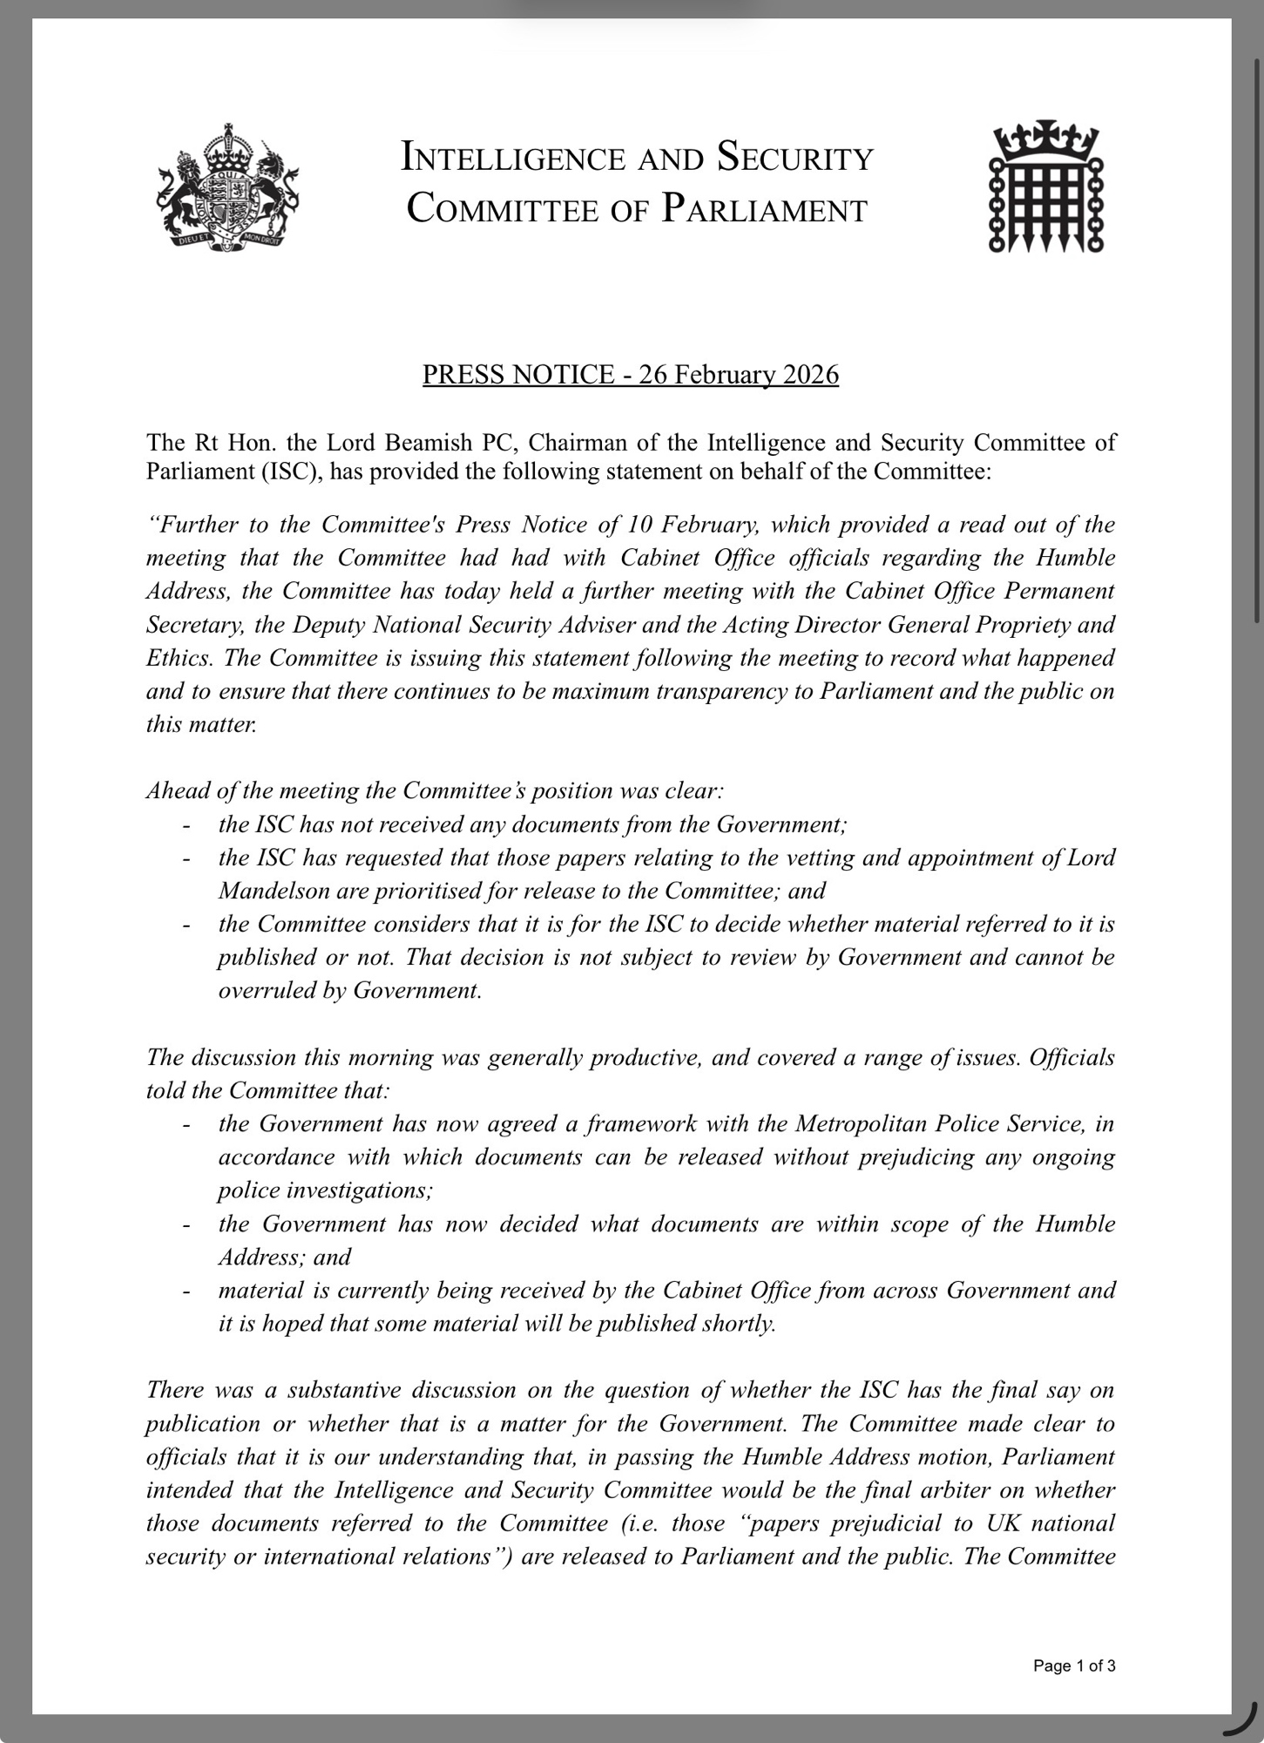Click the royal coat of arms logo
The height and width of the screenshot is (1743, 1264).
tap(228, 187)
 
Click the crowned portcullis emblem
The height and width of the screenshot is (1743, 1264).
tap(1046, 187)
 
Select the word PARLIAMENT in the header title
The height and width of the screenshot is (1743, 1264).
tap(764, 210)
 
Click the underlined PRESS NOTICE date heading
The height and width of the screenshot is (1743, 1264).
tap(630, 374)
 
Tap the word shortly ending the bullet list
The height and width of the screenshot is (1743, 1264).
tap(739, 1323)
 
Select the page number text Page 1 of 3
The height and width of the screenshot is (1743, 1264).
tap(1073, 1666)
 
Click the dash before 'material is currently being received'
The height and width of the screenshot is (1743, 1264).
tap(186, 1291)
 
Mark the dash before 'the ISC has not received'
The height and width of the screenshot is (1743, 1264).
tap(186, 824)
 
